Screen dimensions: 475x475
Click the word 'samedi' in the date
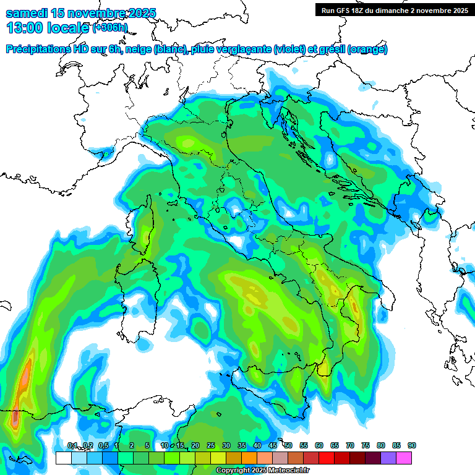tap(26, 13)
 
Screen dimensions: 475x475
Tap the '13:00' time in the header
tap(25, 28)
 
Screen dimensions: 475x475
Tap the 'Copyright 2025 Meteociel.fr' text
tap(262, 471)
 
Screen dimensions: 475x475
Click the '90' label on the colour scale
tap(412, 445)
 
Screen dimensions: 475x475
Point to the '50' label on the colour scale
tap(288, 445)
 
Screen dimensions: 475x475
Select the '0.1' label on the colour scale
tap(72, 445)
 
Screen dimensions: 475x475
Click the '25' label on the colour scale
tap(211, 445)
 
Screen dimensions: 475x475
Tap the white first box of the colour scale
tap(63, 458)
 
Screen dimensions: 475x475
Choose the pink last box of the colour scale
tap(404, 458)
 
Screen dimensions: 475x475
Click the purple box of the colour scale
tap(388, 458)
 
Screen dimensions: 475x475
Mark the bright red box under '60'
tap(327, 458)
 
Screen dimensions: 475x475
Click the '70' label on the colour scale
tap(350, 445)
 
